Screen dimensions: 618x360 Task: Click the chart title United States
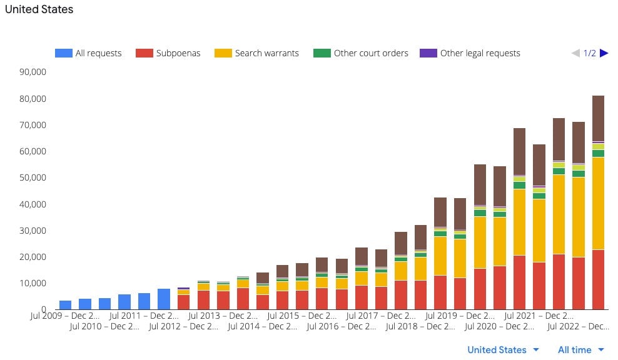[x=39, y=9]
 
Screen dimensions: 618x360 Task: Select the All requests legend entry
[x=88, y=53]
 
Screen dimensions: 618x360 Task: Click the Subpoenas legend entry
[x=168, y=53]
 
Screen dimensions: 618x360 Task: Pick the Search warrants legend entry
[x=256, y=53]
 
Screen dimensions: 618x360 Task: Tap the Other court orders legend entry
[x=361, y=53]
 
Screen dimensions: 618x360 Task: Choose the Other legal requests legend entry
[x=470, y=53]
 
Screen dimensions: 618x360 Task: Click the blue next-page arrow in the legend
[x=604, y=53]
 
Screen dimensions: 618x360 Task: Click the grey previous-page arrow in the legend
[x=576, y=53]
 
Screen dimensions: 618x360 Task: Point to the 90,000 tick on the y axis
[x=33, y=72]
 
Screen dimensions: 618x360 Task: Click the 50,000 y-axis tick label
[x=33, y=177]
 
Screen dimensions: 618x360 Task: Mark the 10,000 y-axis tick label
[x=33, y=283]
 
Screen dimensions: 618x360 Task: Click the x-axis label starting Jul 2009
[x=65, y=316]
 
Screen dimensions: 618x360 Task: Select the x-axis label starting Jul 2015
[x=302, y=316]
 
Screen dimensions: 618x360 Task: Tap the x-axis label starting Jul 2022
[x=578, y=326]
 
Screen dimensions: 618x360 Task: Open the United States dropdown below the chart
[x=503, y=350]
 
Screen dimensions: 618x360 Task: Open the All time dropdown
[x=581, y=350]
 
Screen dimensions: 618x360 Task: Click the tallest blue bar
[x=164, y=299]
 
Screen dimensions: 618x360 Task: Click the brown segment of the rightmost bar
[x=598, y=118]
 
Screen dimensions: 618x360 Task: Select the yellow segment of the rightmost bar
[x=598, y=203]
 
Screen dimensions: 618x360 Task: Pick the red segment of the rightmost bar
[x=598, y=279]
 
